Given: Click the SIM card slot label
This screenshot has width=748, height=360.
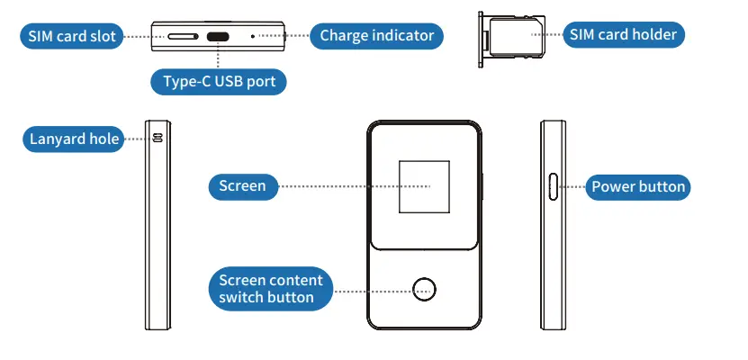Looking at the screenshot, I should point(70,37).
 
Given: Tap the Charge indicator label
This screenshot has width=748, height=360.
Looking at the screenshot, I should point(376,37).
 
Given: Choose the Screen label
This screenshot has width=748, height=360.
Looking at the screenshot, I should point(242,186).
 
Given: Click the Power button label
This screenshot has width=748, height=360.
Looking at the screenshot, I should point(638,187).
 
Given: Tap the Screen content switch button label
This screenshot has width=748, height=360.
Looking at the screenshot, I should point(271,289).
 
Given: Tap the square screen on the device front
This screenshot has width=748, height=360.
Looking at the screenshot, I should point(424,187).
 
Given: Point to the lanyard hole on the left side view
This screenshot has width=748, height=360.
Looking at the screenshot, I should point(156,139).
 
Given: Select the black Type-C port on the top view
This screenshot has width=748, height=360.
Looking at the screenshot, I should point(219,37).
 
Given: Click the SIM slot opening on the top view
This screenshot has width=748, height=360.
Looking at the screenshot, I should point(183,37).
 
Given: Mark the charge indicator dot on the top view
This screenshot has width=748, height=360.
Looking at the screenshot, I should point(253,37).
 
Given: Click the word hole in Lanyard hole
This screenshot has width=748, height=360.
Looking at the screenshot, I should point(102,139).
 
